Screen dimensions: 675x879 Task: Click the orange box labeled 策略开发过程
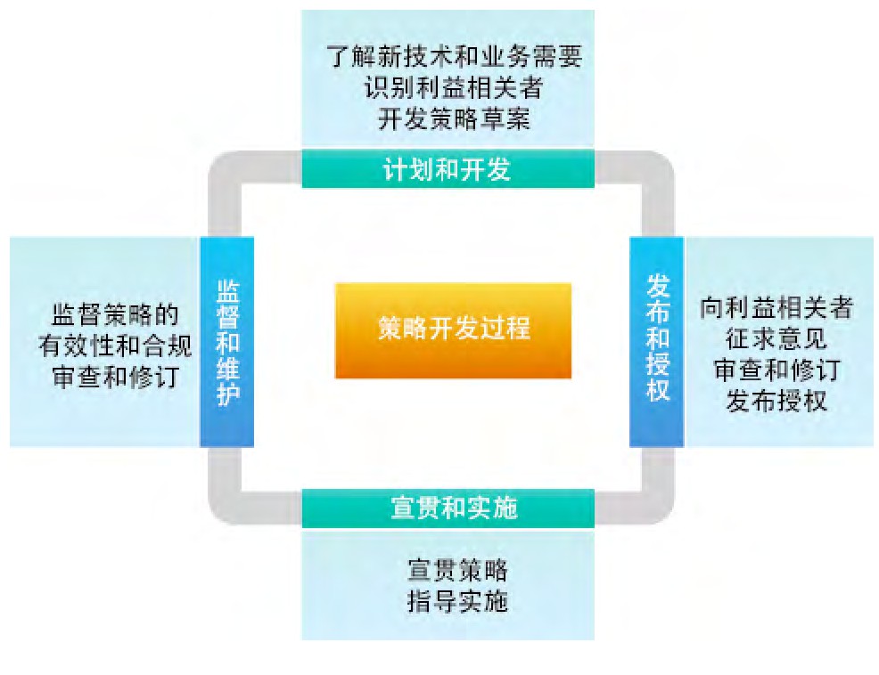[453, 329]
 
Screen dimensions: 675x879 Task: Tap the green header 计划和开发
[448, 169]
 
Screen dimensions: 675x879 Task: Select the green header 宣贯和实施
[448, 509]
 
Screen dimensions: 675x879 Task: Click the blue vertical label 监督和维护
[227, 342]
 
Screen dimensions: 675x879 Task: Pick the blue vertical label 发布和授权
[657, 342]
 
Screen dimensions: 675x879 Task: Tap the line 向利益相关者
[776, 308]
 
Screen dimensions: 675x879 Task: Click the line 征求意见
[776, 339]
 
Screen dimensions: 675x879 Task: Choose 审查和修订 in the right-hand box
[776, 370]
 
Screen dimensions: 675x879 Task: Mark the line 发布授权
[776, 401]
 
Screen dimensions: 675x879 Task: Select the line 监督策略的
[115, 315]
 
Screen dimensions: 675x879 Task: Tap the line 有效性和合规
[115, 346]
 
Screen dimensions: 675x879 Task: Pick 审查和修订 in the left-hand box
[115, 377]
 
